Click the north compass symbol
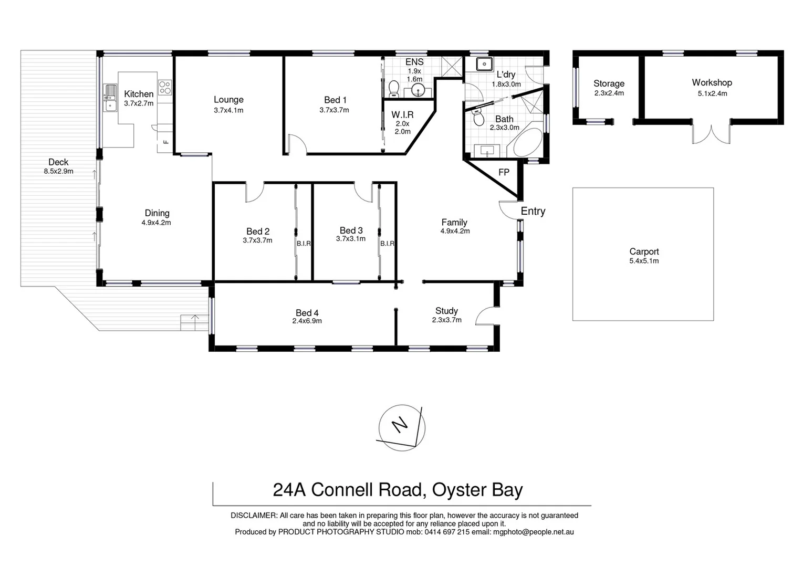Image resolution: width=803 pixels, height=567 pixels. tap(402, 427)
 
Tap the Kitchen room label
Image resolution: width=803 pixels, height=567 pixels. tap(139, 94)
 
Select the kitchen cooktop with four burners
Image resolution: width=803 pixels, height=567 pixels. tap(165, 87)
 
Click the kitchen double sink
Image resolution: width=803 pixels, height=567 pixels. tap(110, 98)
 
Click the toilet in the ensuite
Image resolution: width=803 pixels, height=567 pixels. tap(393, 88)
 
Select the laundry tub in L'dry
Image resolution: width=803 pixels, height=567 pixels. tap(483, 64)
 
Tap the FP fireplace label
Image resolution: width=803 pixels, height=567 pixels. tap(504, 172)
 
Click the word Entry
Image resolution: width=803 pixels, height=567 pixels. tap(533, 211)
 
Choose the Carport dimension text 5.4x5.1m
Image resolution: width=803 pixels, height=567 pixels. tap(644, 261)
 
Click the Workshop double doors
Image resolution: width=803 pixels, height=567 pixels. tap(711, 133)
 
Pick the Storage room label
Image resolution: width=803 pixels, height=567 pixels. tap(609, 83)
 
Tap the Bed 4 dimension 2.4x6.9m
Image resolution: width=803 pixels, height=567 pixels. tap(307, 321)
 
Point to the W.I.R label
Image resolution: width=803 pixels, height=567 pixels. tap(402, 114)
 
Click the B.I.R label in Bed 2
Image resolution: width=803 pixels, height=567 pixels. tap(304, 244)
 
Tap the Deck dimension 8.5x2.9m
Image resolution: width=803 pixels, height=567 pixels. tap(58, 171)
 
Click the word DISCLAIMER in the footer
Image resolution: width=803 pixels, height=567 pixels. tap(254, 516)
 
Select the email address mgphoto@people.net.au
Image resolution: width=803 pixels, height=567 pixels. tap(533, 532)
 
